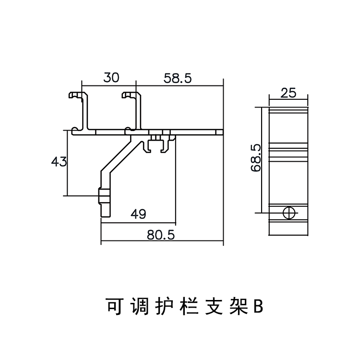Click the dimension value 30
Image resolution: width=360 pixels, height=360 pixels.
click(110, 78)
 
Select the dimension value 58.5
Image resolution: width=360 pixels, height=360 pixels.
click(178, 78)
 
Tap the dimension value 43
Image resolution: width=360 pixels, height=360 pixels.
click(59, 162)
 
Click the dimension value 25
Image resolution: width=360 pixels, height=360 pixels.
click(288, 93)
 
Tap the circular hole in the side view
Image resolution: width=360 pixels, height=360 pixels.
click(289, 213)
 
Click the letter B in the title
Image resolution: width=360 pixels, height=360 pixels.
click(258, 306)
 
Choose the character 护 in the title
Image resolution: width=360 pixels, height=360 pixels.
click(163, 306)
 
